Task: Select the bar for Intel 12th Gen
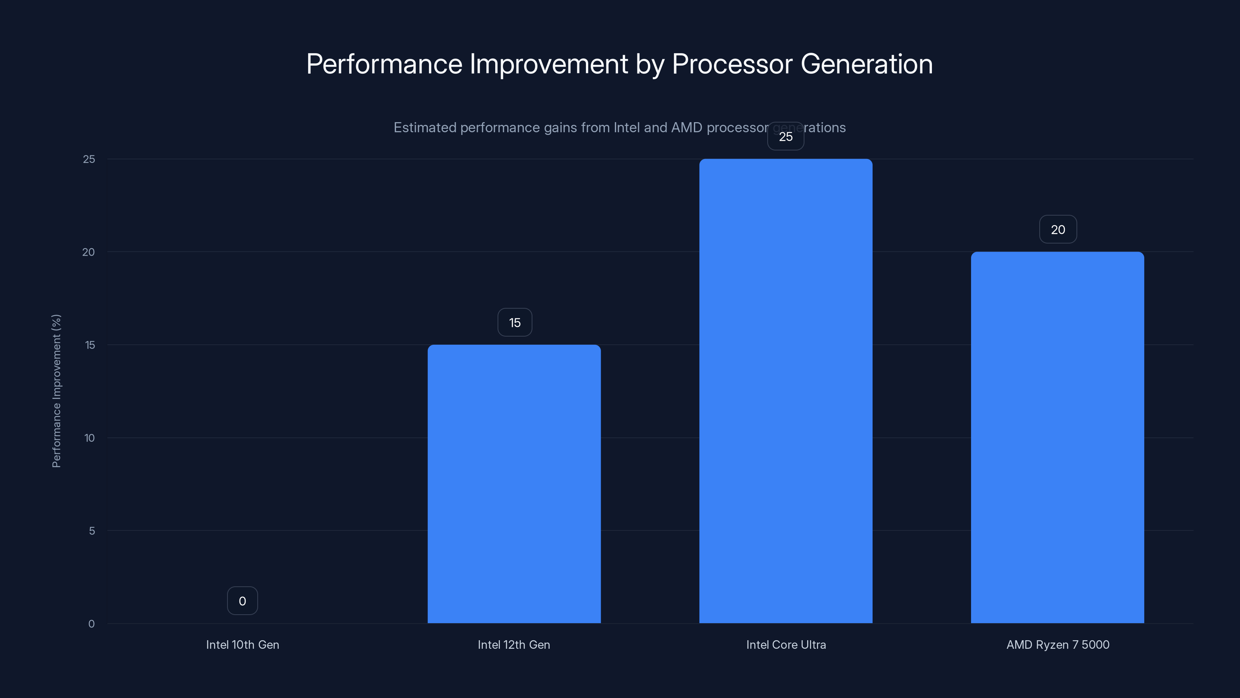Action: click(x=514, y=484)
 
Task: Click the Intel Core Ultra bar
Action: click(x=785, y=390)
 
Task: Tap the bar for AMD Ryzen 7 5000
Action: click(x=1057, y=437)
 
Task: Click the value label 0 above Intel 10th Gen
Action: click(x=242, y=601)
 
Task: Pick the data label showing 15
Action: click(x=515, y=322)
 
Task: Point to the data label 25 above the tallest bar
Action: click(x=785, y=136)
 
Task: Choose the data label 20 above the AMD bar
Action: click(x=1057, y=229)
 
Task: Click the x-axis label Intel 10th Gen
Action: click(x=242, y=644)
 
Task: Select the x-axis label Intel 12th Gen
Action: click(x=513, y=644)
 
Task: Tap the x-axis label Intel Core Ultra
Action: click(x=785, y=644)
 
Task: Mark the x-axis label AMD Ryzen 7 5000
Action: click(x=1057, y=644)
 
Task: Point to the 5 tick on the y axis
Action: click(x=91, y=531)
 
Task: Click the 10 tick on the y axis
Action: click(x=89, y=438)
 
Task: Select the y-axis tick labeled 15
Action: click(x=90, y=345)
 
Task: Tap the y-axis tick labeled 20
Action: click(x=89, y=252)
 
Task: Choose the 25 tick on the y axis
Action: click(x=89, y=159)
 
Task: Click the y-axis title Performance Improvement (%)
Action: click(x=56, y=390)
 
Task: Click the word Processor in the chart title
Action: click(x=732, y=64)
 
